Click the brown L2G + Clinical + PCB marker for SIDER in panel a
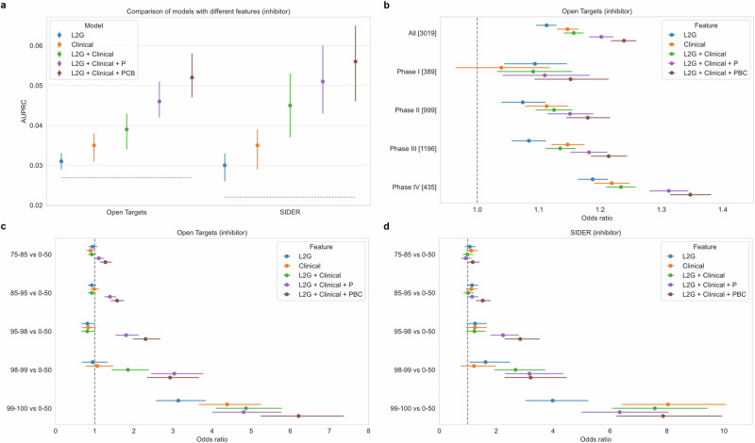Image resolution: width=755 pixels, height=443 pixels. coord(356,61)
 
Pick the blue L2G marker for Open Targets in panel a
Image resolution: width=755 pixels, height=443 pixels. coord(61,161)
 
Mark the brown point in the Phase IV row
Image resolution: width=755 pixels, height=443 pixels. coord(690,195)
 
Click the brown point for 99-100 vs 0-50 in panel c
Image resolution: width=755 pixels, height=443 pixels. coord(298,416)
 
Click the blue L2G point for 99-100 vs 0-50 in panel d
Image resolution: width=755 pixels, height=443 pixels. coord(552,401)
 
